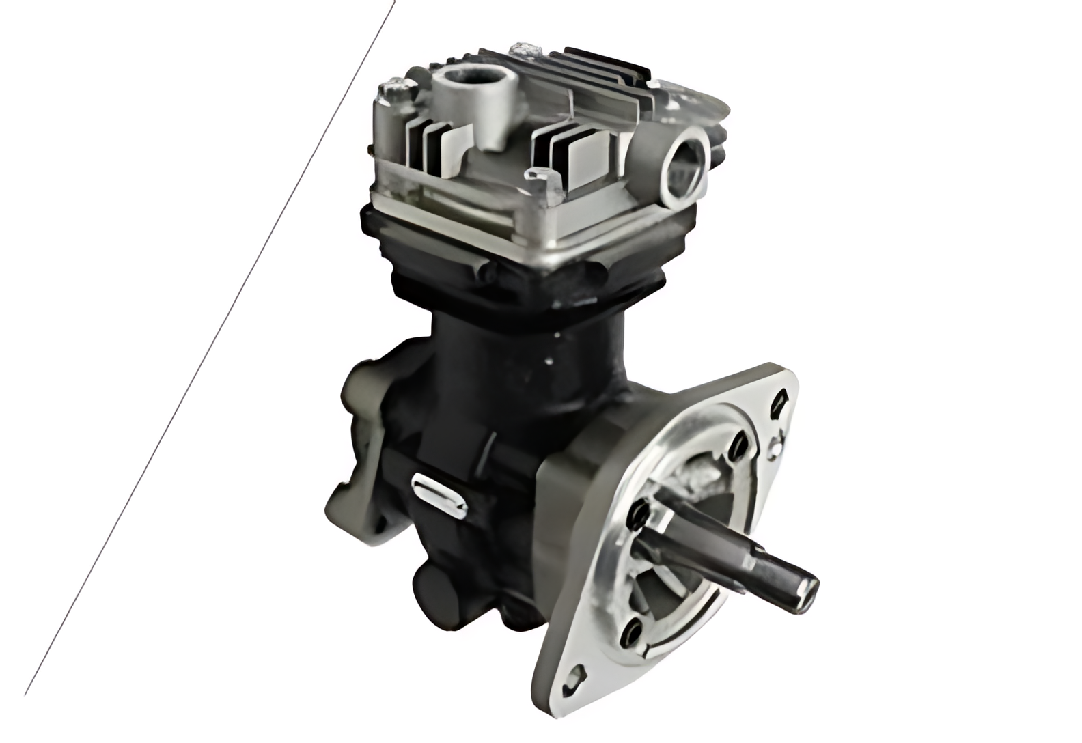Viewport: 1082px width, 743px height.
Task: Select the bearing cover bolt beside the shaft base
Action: tap(639, 510)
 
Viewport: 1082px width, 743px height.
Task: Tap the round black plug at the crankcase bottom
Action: tap(434, 587)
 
